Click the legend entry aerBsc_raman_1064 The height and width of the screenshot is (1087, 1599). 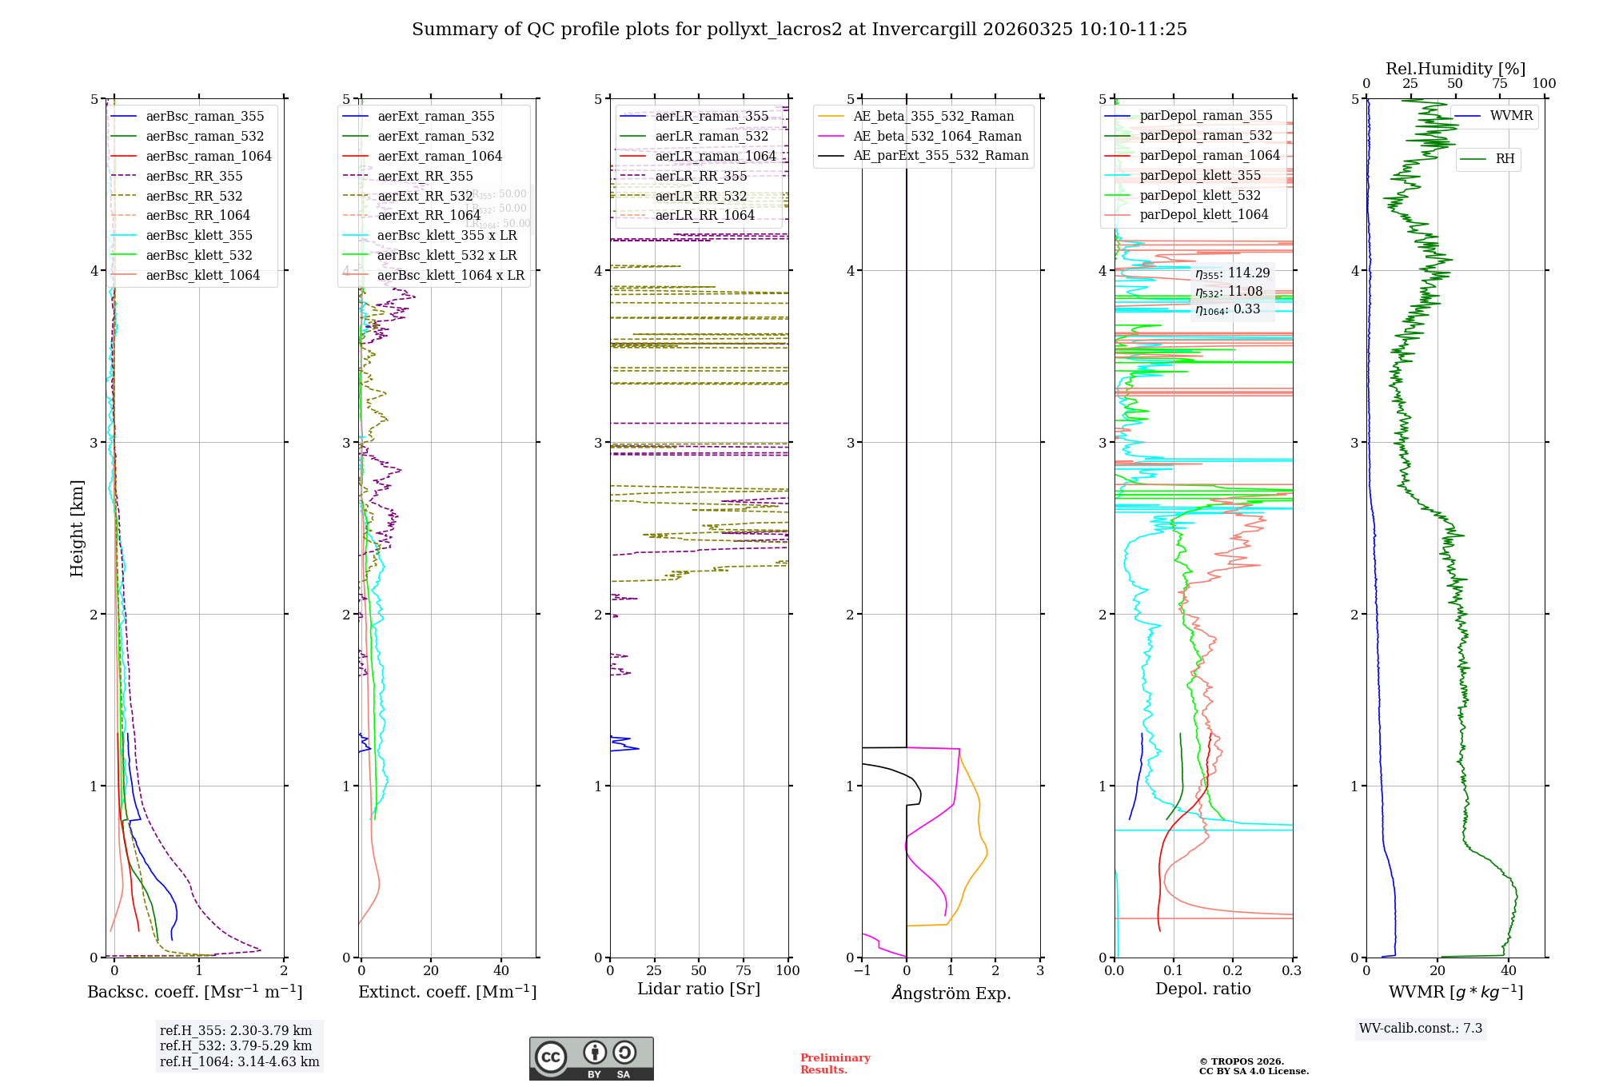[x=208, y=157]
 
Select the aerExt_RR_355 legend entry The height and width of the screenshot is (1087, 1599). [x=425, y=177]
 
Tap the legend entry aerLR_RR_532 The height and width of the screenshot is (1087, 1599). [x=700, y=197]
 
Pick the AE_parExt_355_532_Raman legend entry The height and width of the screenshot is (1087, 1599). [x=940, y=156]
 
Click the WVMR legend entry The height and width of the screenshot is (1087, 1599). [x=1510, y=116]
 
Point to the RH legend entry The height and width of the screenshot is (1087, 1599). [x=1504, y=159]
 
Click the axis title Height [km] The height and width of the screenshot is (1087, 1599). [x=77, y=528]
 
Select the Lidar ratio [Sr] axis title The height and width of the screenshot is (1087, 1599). [x=698, y=989]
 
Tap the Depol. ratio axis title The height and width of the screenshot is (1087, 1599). [x=1202, y=989]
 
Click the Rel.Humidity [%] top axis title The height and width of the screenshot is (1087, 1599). [x=1455, y=69]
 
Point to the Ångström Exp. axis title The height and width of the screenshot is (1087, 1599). [x=951, y=993]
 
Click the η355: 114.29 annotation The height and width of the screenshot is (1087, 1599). [x=1232, y=273]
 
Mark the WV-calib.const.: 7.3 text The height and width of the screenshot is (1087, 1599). [x=1420, y=1029]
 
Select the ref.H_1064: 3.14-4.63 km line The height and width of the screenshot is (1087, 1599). [x=239, y=1062]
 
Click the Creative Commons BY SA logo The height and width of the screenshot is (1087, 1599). [x=591, y=1059]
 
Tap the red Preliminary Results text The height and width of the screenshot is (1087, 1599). [x=835, y=1064]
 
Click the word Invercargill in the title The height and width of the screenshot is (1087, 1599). [x=924, y=30]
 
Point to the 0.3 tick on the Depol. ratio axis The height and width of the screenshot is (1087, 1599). [x=1292, y=971]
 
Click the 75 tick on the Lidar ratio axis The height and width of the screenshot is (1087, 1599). [x=744, y=971]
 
